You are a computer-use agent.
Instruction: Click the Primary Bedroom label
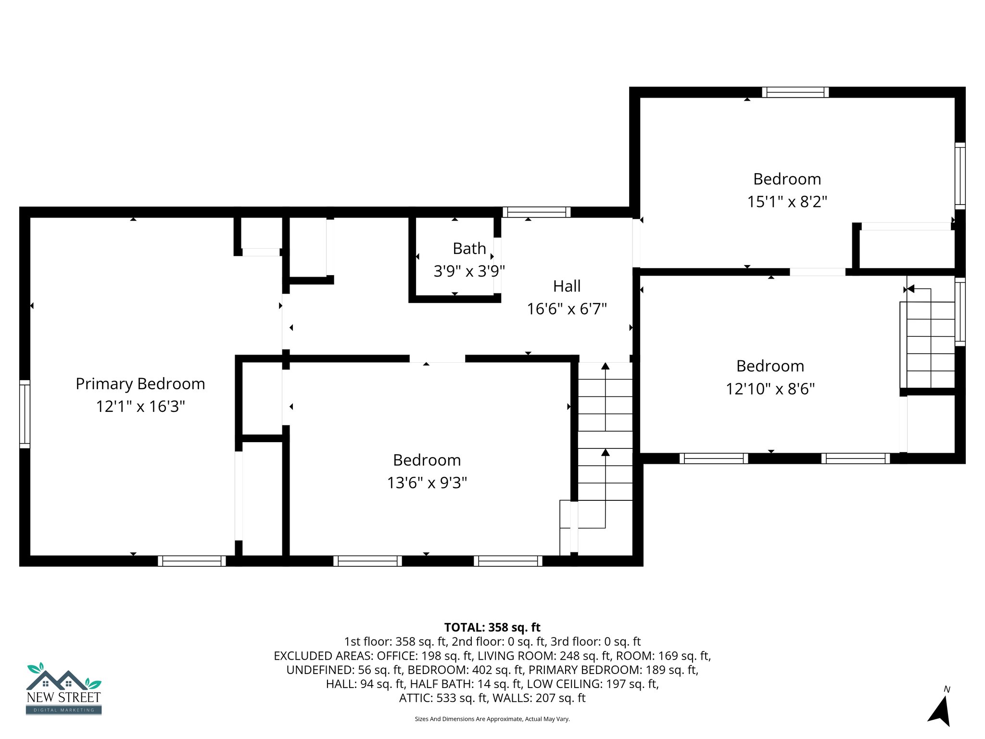pyautogui.click(x=140, y=384)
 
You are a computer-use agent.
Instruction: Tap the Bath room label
pyautogui.click(x=469, y=249)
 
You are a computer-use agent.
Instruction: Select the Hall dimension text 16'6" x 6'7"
pyautogui.click(x=567, y=309)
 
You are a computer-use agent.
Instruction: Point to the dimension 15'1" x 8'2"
pyautogui.click(x=787, y=202)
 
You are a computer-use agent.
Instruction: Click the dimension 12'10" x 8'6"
pyautogui.click(x=770, y=389)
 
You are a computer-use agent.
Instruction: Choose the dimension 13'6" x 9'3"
pyautogui.click(x=427, y=483)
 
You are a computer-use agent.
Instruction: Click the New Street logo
pyautogui.click(x=63, y=689)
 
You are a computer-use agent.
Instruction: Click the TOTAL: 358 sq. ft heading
pyautogui.click(x=492, y=627)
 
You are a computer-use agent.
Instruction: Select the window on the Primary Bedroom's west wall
pyautogui.click(x=25, y=414)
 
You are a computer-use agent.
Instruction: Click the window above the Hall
pyautogui.click(x=536, y=212)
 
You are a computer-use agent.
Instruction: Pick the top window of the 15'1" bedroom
pyautogui.click(x=795, y=92)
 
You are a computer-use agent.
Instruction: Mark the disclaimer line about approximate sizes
pyautogui.click(x=492, y=719)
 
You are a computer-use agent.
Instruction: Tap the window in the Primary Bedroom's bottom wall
pyautogui.click(x=191, y=561)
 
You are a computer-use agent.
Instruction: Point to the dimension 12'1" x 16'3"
pyautogui.click(x=140, y=407)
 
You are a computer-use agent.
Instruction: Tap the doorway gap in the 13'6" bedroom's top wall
pyautogui.click(x=437, y=359)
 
